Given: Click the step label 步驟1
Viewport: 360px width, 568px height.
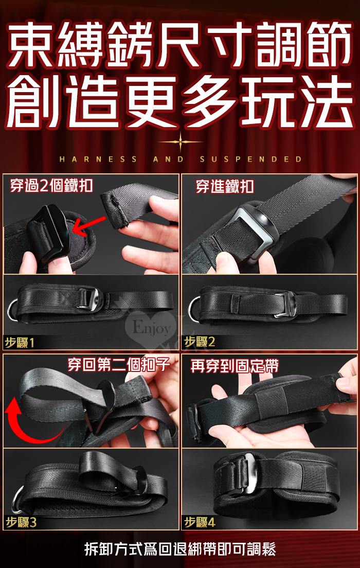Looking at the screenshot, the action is tap(20, 342).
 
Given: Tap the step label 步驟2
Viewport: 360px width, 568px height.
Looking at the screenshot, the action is tap(200, 342).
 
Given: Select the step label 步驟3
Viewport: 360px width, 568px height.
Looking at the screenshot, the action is tap(21, 522).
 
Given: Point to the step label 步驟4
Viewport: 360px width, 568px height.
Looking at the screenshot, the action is tap(200, 522).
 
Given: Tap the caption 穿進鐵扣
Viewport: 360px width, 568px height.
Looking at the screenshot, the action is tap(225, 187).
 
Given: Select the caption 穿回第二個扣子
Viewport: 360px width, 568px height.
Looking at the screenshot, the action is tap(119, 365).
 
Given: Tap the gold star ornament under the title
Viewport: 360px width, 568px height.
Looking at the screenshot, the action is tap(181, 142).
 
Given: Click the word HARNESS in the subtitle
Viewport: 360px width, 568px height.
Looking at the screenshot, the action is tap(98, 159).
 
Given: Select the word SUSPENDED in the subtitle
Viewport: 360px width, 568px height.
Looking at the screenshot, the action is tap(250, 159).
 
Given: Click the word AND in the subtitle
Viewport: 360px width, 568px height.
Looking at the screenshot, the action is tap(168, 159).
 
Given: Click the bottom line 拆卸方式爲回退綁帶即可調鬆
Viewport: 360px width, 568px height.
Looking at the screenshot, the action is tap(180, 549).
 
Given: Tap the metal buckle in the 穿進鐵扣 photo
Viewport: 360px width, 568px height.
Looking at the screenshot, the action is tap(255, 228).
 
